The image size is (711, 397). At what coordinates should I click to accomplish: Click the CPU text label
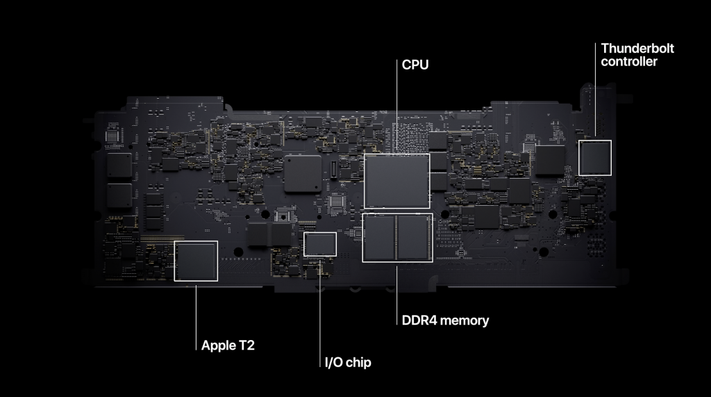(415, 65)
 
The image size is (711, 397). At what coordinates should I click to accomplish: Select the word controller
(629, 62)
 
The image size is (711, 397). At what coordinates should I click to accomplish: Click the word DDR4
(419, 321)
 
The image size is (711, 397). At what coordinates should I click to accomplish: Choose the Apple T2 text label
(228, 344)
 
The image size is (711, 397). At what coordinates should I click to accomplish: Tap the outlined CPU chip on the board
(396, 181)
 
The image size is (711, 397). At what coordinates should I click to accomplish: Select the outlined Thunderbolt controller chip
(595, 158)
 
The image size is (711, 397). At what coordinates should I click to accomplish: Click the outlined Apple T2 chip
(195, 261)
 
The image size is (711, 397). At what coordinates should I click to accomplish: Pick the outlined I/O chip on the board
(320, 244)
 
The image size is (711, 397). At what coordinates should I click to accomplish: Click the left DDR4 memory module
(379, 238)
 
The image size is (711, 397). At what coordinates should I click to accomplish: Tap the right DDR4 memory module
(415, 238)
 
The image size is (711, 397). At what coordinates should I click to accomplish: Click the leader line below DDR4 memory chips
(396, 289)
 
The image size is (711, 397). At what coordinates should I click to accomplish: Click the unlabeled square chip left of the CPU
(303, 173)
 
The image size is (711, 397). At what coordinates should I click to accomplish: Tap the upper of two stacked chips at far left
(119, 165)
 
